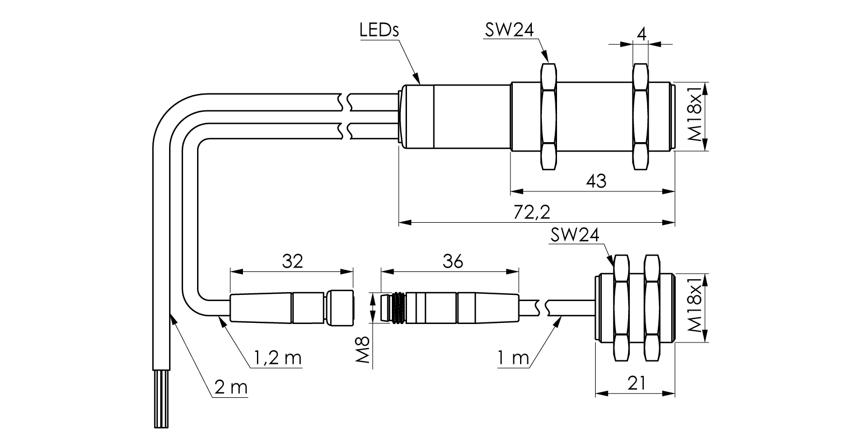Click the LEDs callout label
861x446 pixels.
(x=379, y=30)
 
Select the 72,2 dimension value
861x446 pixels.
(x=532, y=212)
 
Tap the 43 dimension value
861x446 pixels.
(x=596, y=181)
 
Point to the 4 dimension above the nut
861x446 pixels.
(x=641, y=34)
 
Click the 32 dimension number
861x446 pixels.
(x=293, y=261)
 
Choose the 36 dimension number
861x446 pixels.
(x=453, y=261)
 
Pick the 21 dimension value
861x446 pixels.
(x=636, y=383)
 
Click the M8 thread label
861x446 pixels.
(x=362, y=350)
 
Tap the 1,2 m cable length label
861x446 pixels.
(x=278, y=358)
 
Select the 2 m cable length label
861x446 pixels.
(x=231, y=387)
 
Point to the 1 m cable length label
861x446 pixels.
(x=513, y=358)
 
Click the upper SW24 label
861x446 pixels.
(x=509, y=30)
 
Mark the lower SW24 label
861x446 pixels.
(x=574, y=234)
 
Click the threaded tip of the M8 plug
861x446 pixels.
(x=393, y=308)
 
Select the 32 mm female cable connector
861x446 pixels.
(x=292, y=308)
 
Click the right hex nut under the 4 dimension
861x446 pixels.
(x=640, y=117)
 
